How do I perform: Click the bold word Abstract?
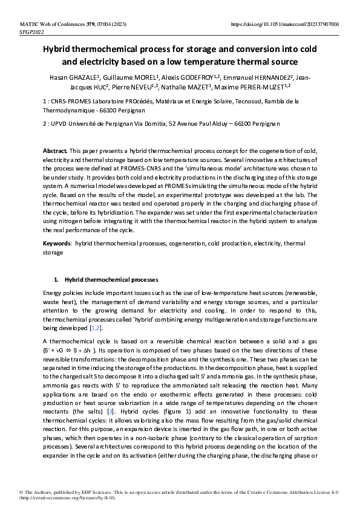pyautogui.click(x=56, y=149)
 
